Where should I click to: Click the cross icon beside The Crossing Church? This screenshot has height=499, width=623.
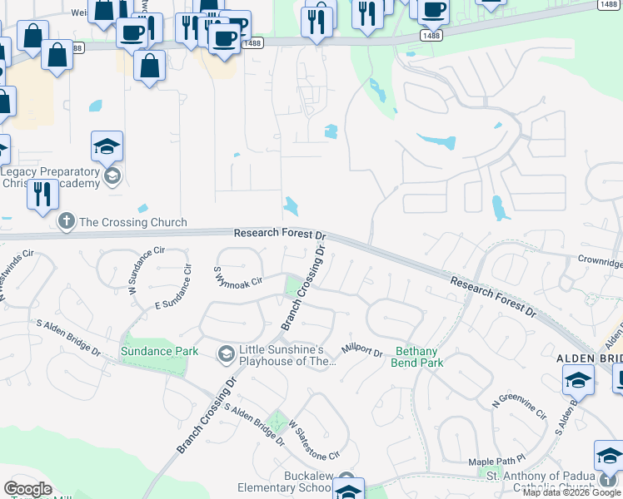[66, 222]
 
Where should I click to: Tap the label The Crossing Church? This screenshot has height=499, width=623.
[132, 223]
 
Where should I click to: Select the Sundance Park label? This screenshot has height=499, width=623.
[159, 351]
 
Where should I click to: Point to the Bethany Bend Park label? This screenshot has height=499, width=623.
[417, 357]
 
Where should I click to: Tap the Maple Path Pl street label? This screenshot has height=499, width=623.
[497, 459]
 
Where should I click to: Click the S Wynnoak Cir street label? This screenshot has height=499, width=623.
[237, 277]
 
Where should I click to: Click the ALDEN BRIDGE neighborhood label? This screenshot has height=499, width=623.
[589, 358]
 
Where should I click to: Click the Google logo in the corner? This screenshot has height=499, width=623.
[27, 489]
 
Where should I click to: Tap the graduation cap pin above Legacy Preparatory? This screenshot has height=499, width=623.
[107, 147]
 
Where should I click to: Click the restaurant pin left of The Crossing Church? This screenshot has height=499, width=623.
[42, 194]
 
